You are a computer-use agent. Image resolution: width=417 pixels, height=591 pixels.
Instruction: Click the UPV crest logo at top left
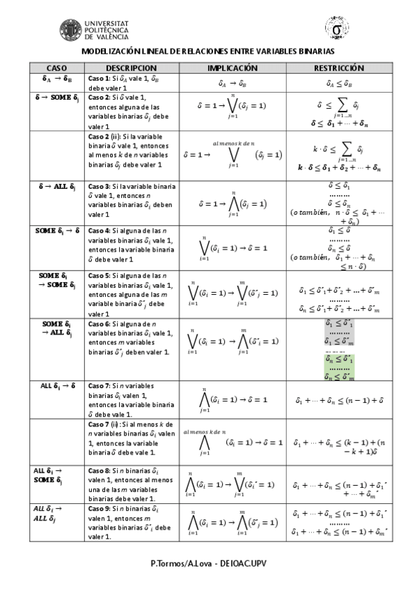pos(70,30)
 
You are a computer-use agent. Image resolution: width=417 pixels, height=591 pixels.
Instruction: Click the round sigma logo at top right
pos(337,29)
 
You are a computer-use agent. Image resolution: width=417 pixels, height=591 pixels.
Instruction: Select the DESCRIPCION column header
pos(131,68)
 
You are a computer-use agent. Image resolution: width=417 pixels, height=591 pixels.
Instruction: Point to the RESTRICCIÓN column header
pos(338,68)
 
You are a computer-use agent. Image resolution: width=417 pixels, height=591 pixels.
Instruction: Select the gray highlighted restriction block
pos(339,332)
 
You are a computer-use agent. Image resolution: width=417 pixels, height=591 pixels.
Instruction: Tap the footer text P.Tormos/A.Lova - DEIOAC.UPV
pos(208,562)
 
